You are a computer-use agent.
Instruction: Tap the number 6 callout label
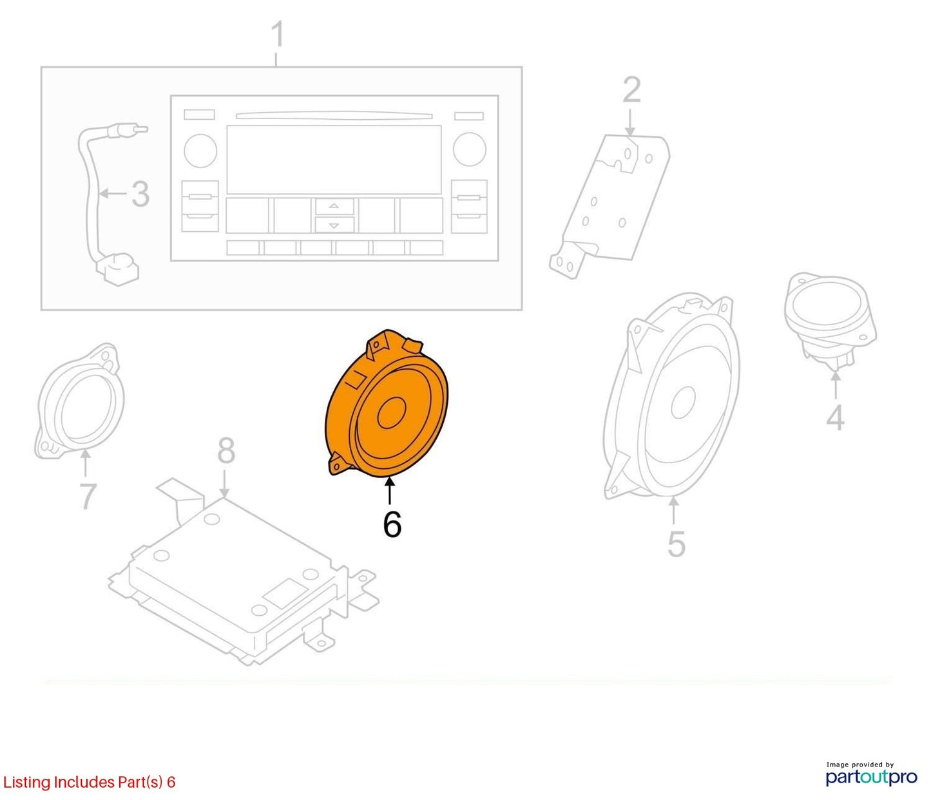[392, 524]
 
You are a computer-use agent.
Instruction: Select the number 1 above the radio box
[278, 34]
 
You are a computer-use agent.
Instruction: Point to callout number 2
[631, 90]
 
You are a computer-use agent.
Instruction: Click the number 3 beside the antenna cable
[140, 194]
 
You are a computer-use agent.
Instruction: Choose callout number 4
[835, 417]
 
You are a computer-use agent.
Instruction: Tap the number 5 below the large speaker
[676, 544]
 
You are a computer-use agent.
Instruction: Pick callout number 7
[88, 496]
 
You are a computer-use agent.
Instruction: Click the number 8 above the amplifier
[226, 451]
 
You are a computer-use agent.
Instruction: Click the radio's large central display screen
[334, 159]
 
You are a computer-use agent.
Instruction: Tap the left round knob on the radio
[201, 150]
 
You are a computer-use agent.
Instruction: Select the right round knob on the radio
[469, 149]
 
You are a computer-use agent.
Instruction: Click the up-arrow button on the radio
[333, 206]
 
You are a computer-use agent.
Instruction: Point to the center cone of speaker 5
[683, 401]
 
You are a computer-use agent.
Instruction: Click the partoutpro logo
[871, 777]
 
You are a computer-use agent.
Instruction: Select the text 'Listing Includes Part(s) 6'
[89, 782]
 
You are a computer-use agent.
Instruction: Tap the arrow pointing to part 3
[113, 194]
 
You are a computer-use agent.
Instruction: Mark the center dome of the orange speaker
[390, 414]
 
